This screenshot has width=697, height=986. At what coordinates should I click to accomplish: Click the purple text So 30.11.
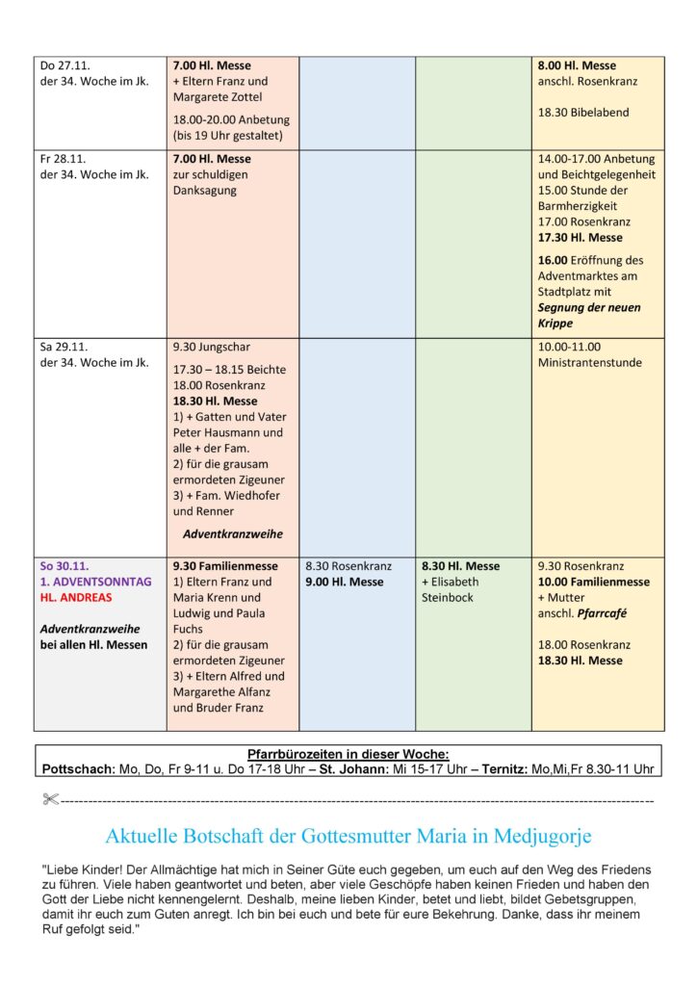[x=65, y=566]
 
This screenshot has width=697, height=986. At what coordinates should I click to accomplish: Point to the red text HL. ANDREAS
[x=76, y=598]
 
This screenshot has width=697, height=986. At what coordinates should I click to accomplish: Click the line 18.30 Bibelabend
[x=583, y=113]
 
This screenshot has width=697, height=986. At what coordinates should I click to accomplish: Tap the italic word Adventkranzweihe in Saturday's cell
[x=233, y=534]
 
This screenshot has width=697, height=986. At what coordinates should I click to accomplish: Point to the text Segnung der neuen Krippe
[x=588, y=315]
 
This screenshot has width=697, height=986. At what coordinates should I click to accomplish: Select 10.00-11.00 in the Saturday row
[x=569, y=347]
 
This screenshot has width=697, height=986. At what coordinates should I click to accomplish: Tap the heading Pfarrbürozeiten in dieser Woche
[x=348, y=755]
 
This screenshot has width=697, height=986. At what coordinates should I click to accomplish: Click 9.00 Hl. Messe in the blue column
[x=344, y=583]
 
